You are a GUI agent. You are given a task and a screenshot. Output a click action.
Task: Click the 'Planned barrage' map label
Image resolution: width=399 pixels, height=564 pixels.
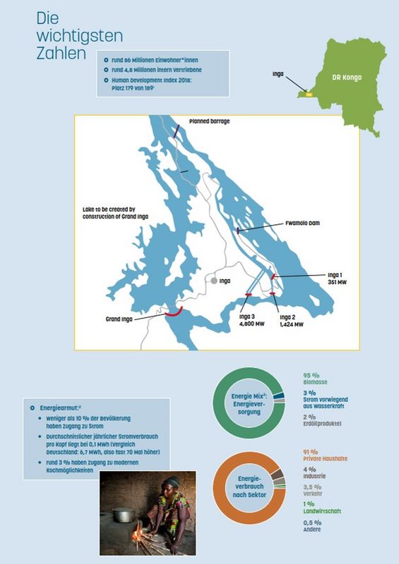pos(210,121)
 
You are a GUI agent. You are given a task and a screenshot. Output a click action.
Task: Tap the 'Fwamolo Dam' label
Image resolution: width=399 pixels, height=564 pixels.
pos(302,223)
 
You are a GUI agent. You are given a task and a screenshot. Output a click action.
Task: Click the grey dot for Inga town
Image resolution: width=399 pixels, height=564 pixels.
pos(214,281)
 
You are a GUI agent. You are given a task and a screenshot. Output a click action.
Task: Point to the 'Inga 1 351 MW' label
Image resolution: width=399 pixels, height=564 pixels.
pos(337,278)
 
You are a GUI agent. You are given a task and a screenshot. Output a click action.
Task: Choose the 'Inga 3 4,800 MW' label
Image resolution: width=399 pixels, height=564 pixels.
pos(251,321)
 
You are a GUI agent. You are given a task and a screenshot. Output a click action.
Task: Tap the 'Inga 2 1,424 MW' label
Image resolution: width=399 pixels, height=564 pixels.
pos(291,321)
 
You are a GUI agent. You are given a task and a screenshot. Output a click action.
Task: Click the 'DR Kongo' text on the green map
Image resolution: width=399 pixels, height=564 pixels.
pos(347,78)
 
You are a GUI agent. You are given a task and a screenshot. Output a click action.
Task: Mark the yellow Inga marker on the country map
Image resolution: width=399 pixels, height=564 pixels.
pos(309,94)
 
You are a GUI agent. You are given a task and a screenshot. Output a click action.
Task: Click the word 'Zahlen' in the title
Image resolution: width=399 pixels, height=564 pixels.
pos(61,54)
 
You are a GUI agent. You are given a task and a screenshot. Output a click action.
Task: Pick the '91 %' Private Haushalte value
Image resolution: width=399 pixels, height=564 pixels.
pos(311,452)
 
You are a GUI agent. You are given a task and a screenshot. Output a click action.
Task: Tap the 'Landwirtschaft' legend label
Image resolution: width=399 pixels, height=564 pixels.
pos(322,511)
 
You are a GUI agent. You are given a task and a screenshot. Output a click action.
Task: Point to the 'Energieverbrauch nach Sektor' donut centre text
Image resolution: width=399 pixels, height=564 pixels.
pos(249,486)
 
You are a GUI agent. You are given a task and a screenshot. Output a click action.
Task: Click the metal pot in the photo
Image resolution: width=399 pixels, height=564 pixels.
pos(124,515)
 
